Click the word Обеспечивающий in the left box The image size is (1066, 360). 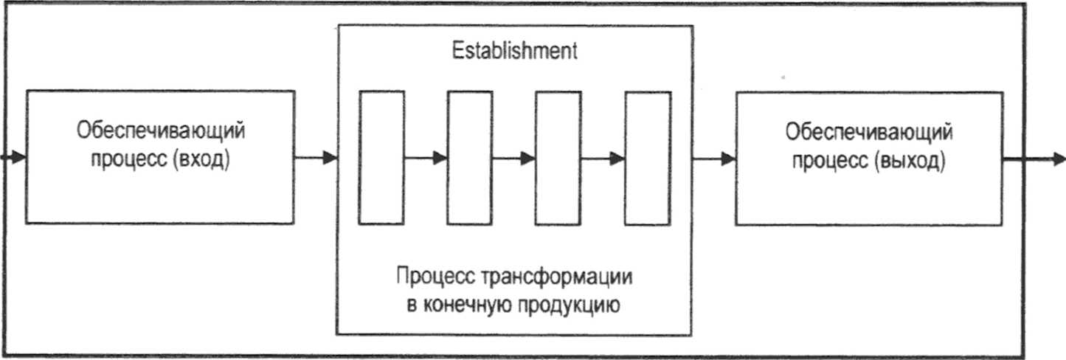(x=161, y=133)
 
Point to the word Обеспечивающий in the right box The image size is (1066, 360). (x=869, y=133)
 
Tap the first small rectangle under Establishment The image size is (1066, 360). (x=381, y=157)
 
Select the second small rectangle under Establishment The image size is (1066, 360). (x=470, y=157)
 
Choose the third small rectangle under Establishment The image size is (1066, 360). (x=558, y=157)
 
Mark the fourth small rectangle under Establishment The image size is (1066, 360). (x=648, y=157)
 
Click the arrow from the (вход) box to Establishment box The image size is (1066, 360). (x=316, y=157)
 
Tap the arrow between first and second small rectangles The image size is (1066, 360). (x=426, y=157)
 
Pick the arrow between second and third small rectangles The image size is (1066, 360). (x=514, y=157)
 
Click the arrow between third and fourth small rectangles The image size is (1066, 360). (x=603, y=157)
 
